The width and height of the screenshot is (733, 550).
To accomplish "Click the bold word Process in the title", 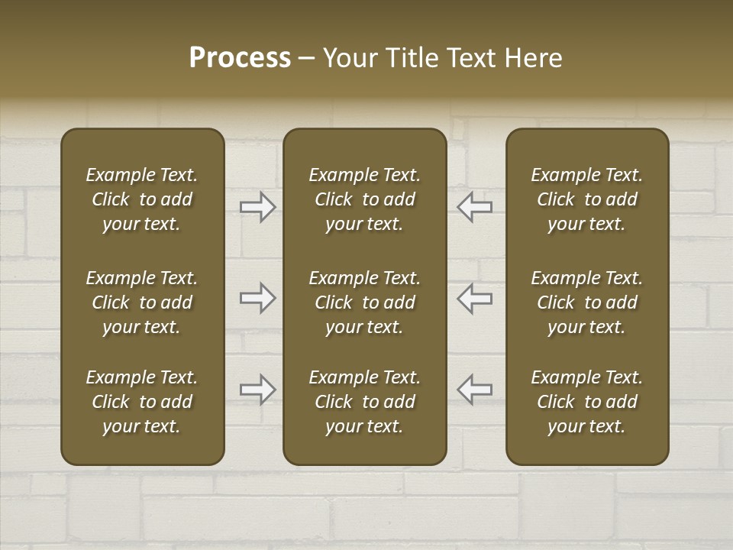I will point(240,58).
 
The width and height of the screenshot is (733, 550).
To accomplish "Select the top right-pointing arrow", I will point(257,207).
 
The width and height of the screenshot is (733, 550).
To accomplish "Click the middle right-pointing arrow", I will point(257,298).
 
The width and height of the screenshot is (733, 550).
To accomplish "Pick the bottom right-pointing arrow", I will point(257,389).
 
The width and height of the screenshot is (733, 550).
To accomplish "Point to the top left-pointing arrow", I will point(475,207).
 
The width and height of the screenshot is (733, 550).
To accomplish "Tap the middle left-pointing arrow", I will point(475,298).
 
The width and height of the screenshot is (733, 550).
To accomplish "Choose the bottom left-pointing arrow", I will point(475,389).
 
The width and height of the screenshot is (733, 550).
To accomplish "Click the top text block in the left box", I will point(142,199).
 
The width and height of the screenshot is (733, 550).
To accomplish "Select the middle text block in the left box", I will point(142,302).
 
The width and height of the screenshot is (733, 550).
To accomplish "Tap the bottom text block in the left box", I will point(142,402).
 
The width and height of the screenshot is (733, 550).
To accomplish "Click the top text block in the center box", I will point(364,199).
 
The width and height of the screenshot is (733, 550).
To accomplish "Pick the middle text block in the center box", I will point(364,302).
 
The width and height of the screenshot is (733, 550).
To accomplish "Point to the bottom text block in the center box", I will point(364,402).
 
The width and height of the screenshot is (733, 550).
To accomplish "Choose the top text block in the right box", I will point(587,199).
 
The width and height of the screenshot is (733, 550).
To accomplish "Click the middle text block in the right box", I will point(587,302).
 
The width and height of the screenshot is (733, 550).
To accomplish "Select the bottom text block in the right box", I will point(587,402).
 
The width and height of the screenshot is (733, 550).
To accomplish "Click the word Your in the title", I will point(350,58).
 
